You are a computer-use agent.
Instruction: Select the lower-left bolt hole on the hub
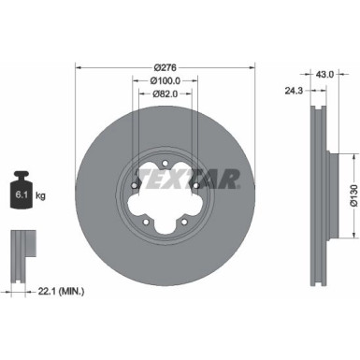148,221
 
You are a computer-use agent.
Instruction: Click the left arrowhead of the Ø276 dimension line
78,66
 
